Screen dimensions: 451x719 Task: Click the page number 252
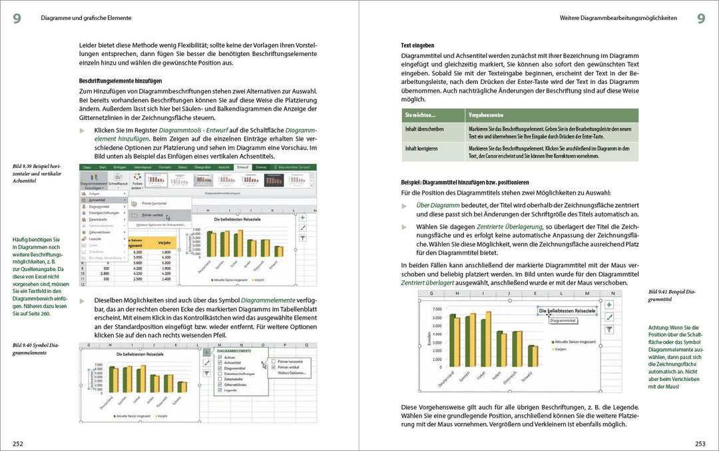[18, 443]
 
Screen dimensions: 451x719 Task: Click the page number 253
[700, 443]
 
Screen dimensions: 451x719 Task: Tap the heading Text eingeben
[417, 45]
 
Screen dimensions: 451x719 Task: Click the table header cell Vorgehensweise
[487, 115]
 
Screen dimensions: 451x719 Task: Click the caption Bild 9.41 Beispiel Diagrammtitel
[671, 295]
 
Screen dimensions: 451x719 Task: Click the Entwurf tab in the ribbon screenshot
[242, 167]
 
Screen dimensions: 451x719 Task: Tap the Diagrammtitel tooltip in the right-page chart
[563, 320]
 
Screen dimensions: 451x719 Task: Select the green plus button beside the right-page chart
[608, 304]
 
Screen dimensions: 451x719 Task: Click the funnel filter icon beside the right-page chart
[608, 329]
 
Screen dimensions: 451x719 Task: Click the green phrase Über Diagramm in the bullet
[437, 205]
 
